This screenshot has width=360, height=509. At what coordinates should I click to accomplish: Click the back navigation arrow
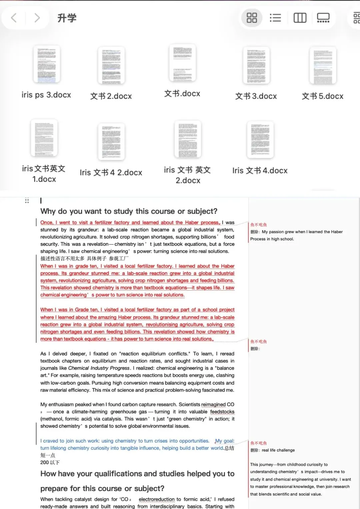pyautogui.click(x=14, y=18)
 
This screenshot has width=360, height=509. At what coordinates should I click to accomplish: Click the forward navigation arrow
pyautogui.click(x=37, y=18)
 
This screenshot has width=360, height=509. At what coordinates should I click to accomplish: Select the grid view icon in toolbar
pyautogui.click(x=252, y=18)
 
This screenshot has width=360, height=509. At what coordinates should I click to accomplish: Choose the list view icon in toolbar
pyautogui.click(x=275, y=18)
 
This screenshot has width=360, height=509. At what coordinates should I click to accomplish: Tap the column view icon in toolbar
pyautogui.click(x=300, y=18)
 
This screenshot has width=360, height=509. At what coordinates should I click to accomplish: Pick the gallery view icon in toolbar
pyautogui.click(x=323, y=18)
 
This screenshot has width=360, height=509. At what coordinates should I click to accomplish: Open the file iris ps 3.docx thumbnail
pyautogui.click(x=47, y=64)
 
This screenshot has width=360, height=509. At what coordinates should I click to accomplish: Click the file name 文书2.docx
pyautogui.click(x=111, y=96)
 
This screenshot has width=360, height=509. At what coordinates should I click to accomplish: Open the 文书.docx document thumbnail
pyautogui.click(x=182, y=63)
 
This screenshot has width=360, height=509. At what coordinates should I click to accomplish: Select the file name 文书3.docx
pyautogui.click(x=256, y=96)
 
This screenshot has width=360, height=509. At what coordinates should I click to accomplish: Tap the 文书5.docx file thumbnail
pyautogui.click(x=323, y=65)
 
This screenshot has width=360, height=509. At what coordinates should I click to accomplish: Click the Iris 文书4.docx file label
pyautogui.click(x=260, y=171)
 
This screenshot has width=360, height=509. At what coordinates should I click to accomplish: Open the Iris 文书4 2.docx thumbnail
pyautogui.click(x=111, y=142)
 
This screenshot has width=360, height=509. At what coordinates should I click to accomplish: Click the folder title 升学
pyautogui.click(x=67, y=18)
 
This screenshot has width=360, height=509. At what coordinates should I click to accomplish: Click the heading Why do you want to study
pyautogui.click(x=129, y=211)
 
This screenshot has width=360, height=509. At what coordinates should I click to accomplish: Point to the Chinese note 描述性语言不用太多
pyautogui.click(x=62, y=259)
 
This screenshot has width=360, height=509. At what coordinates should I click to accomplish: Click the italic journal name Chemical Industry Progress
pyautogui.click(x=99, y=368)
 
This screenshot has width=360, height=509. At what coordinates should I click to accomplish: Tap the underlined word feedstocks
pyautogui.click(x=222, y=412)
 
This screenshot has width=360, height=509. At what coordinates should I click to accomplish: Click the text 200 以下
pyautogui.click(x=50, y=463)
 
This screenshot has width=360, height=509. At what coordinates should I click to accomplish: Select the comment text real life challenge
pyautogui.click(x=278, y=450)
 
